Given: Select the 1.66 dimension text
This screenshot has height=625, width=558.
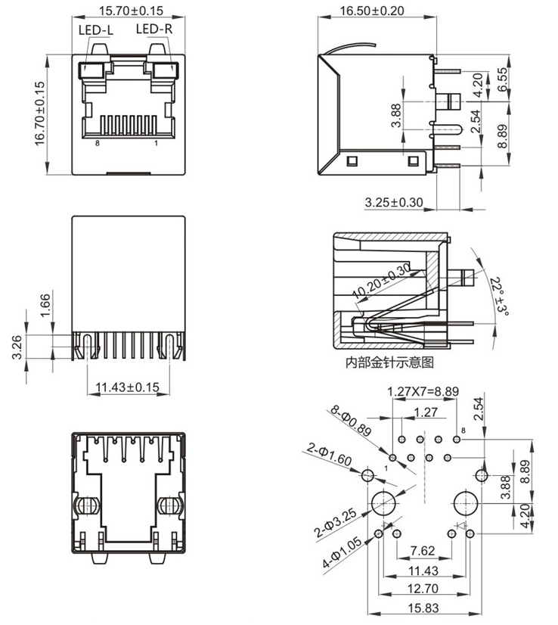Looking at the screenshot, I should coord(44,305).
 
